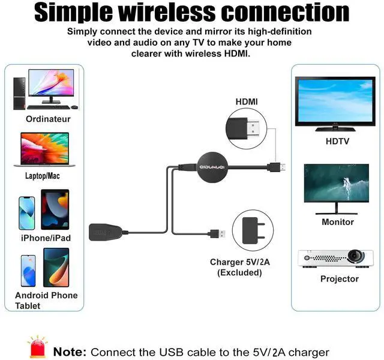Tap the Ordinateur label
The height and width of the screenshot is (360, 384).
click(x=48, y=119)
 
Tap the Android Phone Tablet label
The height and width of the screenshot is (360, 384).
click(x=46, y=300)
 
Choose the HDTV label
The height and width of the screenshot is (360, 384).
click(x=337, y=142)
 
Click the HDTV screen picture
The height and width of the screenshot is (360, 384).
click(x=336, y=101)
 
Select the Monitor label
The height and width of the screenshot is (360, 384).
click(x=338, y=221)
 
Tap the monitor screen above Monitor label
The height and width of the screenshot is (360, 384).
click(x=336, y=183)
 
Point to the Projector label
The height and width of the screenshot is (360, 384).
click(x=339, y=278)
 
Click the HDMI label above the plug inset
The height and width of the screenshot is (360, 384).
click(x=246, y=102)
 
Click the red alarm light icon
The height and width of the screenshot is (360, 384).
click(x=37, y=346)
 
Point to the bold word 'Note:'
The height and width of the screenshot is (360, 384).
click(x=71, y=352)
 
